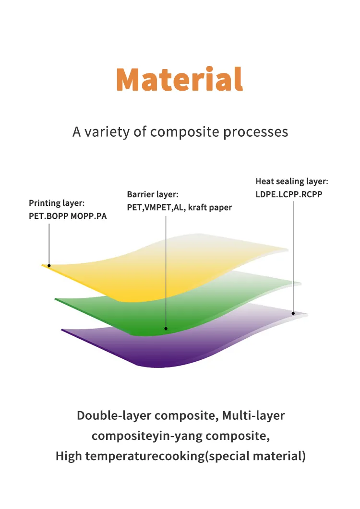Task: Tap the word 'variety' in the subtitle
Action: coord(107,132)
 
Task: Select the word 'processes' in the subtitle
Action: coord(255,132)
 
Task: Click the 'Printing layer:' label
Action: coord(57,203)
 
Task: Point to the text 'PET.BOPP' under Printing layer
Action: coord(48,216)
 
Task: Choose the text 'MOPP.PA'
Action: coord(89,216)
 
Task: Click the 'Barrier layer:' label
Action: coord(153,195)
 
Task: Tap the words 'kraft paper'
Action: coord(210,208)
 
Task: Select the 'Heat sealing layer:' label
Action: coord(292,181)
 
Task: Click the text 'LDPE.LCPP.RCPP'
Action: coord(289,194)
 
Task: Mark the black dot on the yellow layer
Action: coord(49,266)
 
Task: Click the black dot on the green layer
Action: coord(166,329)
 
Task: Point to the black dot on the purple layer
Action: coord(293,313)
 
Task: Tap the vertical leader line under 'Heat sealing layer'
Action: coord(293,257)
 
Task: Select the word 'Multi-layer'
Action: coord(253,416)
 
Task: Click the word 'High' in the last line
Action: coord(69,456)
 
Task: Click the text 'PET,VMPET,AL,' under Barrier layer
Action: coord(156,208)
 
